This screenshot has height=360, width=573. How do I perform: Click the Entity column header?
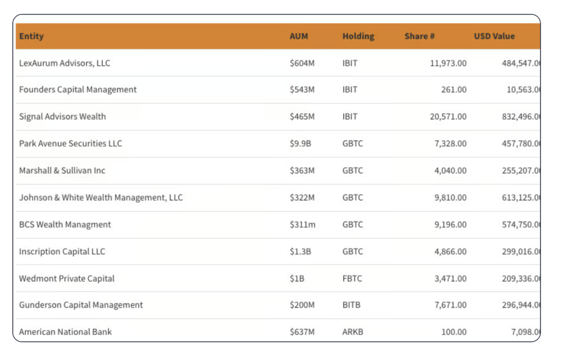[x=31, y=36]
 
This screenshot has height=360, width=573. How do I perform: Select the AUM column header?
[x=299, y=36]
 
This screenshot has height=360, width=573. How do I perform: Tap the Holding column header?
[x=358, y=36]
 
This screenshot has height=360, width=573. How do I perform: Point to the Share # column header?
[x=420, y=36]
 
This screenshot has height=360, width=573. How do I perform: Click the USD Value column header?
[x=494, y=36]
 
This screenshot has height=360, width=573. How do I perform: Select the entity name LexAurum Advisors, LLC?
[x=65, y=63]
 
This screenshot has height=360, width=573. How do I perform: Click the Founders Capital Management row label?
[x=78, y=90]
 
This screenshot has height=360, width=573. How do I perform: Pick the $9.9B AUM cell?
[x=300, y=143]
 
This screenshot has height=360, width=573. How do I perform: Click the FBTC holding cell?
[x=353, y=278]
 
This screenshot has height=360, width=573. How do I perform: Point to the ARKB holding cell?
[x=353, y=332]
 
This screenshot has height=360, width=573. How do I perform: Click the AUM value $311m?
[x=303, y=225]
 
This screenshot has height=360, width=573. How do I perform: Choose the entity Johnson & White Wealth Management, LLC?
[x=101, y=198]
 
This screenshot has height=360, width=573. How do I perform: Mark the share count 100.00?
[x=453, y=332]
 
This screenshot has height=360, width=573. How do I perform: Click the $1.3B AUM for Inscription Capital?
[x=300, y=251]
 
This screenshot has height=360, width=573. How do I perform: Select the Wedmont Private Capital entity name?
[x=67, y=278]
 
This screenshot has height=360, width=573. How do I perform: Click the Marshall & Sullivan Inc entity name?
[x=62, y=171]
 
